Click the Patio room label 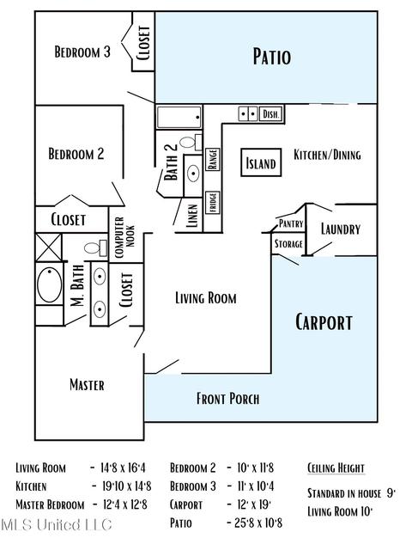coord(272,57)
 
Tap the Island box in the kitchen coord(261,162)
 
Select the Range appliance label coord(213,159)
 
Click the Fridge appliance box coord(213,203)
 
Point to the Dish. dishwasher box coord(270,114)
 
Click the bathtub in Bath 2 coord(179,117)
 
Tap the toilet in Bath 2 coord(191,143)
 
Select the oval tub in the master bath coord(50,284)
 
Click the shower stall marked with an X coord(49,247)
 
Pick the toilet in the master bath coord(95,248)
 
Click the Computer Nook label coord(124,237)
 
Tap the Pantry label coord(291,223)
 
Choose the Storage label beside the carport coord(288,244)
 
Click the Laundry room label coord(341,229)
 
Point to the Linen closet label coord(192,216)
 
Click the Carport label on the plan coord(324,321)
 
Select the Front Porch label coord(227,399)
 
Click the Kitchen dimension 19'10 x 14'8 coord(126,486)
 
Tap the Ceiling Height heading coord(336,467)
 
